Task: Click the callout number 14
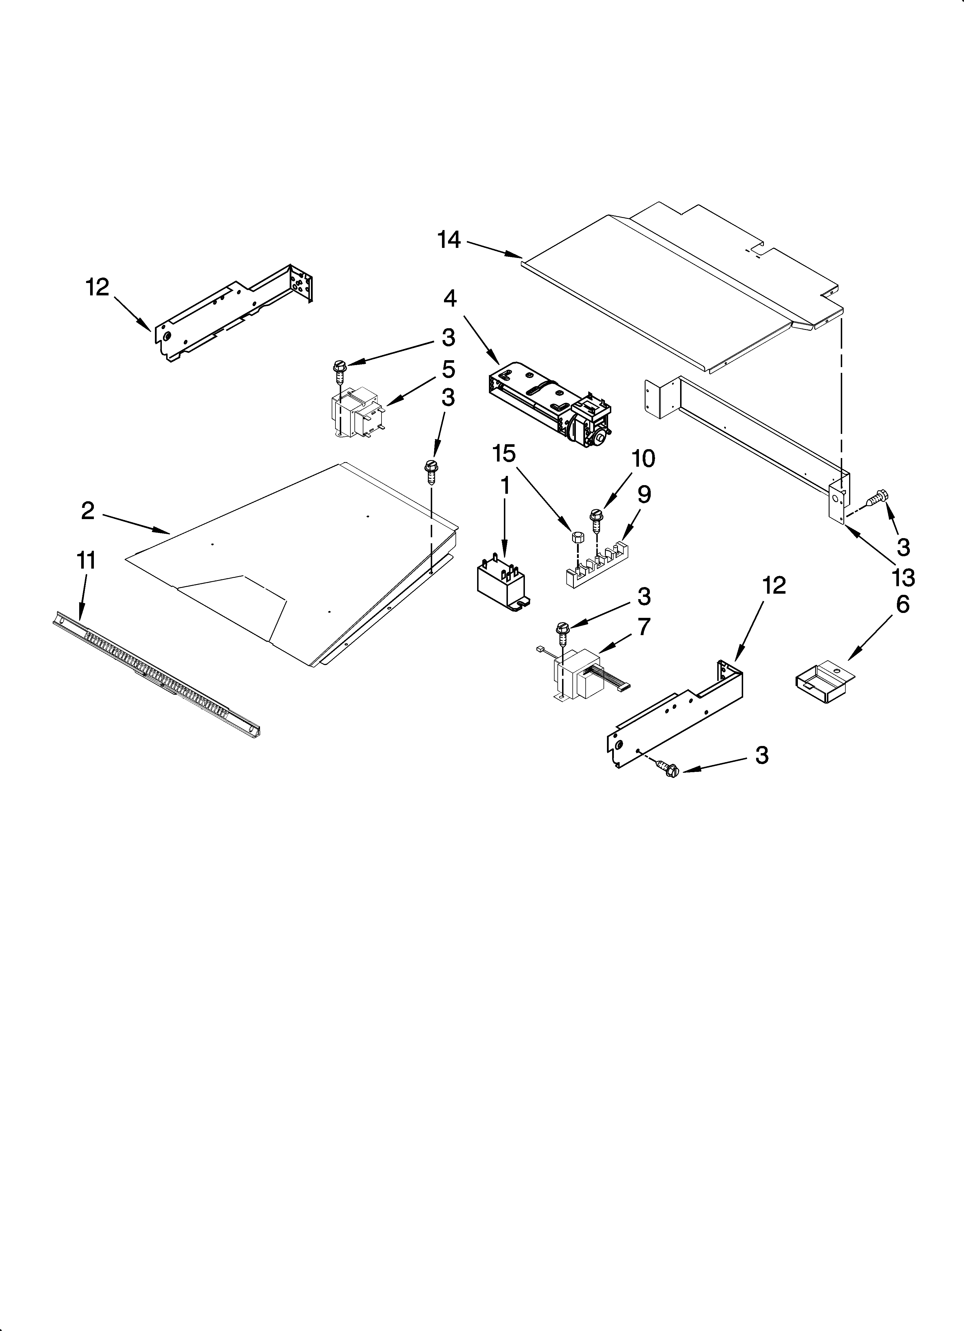tap(449, 240)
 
